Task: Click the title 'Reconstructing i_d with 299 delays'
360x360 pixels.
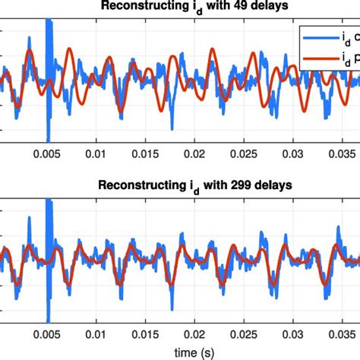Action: [180, 185]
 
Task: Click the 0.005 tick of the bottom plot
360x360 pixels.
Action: [47, 333]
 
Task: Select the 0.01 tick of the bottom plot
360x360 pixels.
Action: [96, 333]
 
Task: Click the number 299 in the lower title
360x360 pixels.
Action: [215, 185]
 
